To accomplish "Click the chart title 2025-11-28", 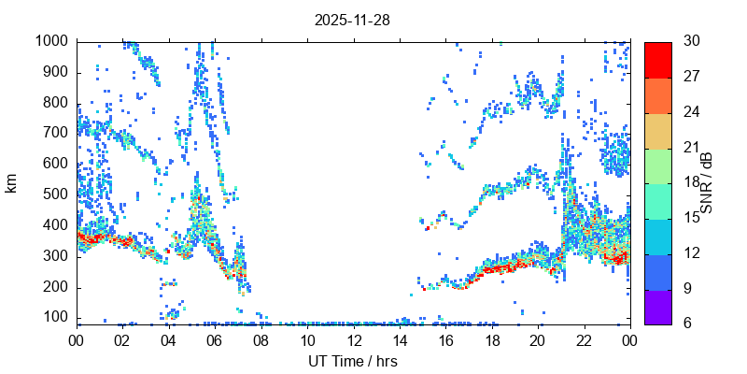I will [353, 20].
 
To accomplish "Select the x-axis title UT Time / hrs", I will [353, 361].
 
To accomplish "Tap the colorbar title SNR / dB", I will [707, 182].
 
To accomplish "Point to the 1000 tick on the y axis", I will [52, 41].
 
